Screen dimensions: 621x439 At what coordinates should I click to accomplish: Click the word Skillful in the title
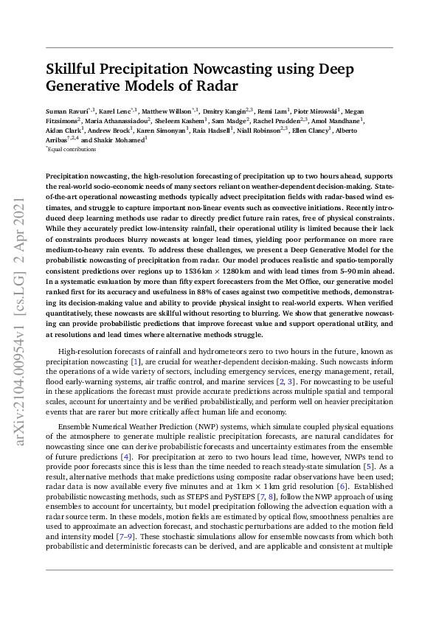75,70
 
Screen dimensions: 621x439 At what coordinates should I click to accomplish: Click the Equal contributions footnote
72,149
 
